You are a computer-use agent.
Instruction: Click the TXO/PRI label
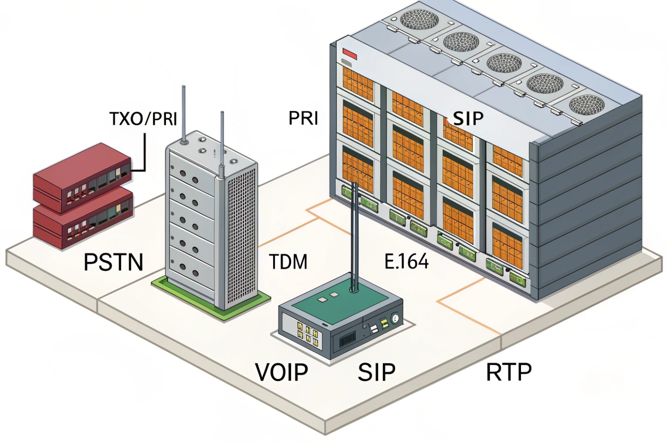(x=143, y=119)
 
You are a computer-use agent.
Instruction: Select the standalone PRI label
(x=303, y=118)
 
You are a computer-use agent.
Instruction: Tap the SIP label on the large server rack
(x=468, y=118)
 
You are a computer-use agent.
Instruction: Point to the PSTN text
(x=113, y=262)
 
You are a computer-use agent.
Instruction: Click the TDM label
(x=288, y=262)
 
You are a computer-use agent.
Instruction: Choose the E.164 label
(x=406, y=261)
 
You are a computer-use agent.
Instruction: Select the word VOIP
(x=282, y=372)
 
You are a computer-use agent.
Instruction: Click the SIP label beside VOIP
(x=377, y=372)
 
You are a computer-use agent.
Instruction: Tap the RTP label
(x=509, y=372)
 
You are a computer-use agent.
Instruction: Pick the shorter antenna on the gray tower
(x=222, y=139)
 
